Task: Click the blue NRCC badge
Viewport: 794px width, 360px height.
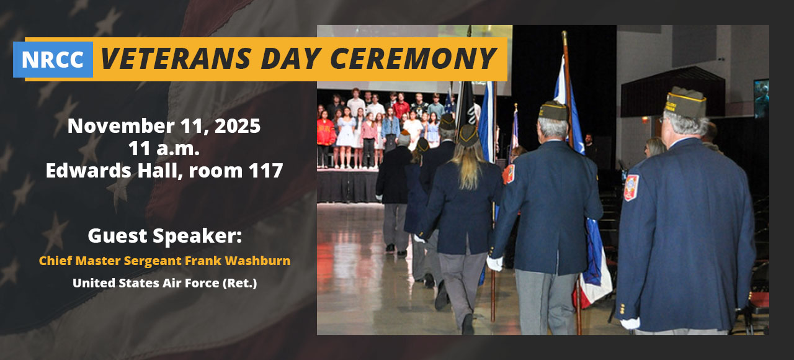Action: pyautogui.click(x=53, y=60)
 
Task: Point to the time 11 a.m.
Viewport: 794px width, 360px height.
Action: pyautogui.click(x=164, y=148)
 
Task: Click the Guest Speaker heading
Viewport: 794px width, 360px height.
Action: pyautogui.click(x=164, y=236)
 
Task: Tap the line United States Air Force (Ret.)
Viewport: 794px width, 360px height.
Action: pyautogui.click(x=164, y=283)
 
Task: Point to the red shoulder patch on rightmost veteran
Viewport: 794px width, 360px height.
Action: pyautogui.click(x=631, y=187)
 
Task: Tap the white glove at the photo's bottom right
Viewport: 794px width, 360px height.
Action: pyautogui.click(x=631, y=323)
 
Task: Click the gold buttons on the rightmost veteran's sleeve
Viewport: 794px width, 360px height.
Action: pyautogui.click(x=622, y=308)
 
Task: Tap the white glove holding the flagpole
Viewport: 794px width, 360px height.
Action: pyautogui.click(x=494, y=263)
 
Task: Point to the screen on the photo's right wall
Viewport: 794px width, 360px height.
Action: pyautogui.click(x=761, y=98)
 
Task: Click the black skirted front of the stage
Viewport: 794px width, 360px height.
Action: pyautogui.click(x=347, y=186)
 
